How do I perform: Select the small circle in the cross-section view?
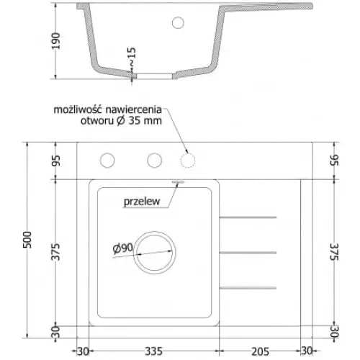pos(178,22)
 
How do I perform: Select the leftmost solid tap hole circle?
pos(108,159)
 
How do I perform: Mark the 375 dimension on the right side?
pos(334,252)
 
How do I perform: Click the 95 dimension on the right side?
pos(334,159)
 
